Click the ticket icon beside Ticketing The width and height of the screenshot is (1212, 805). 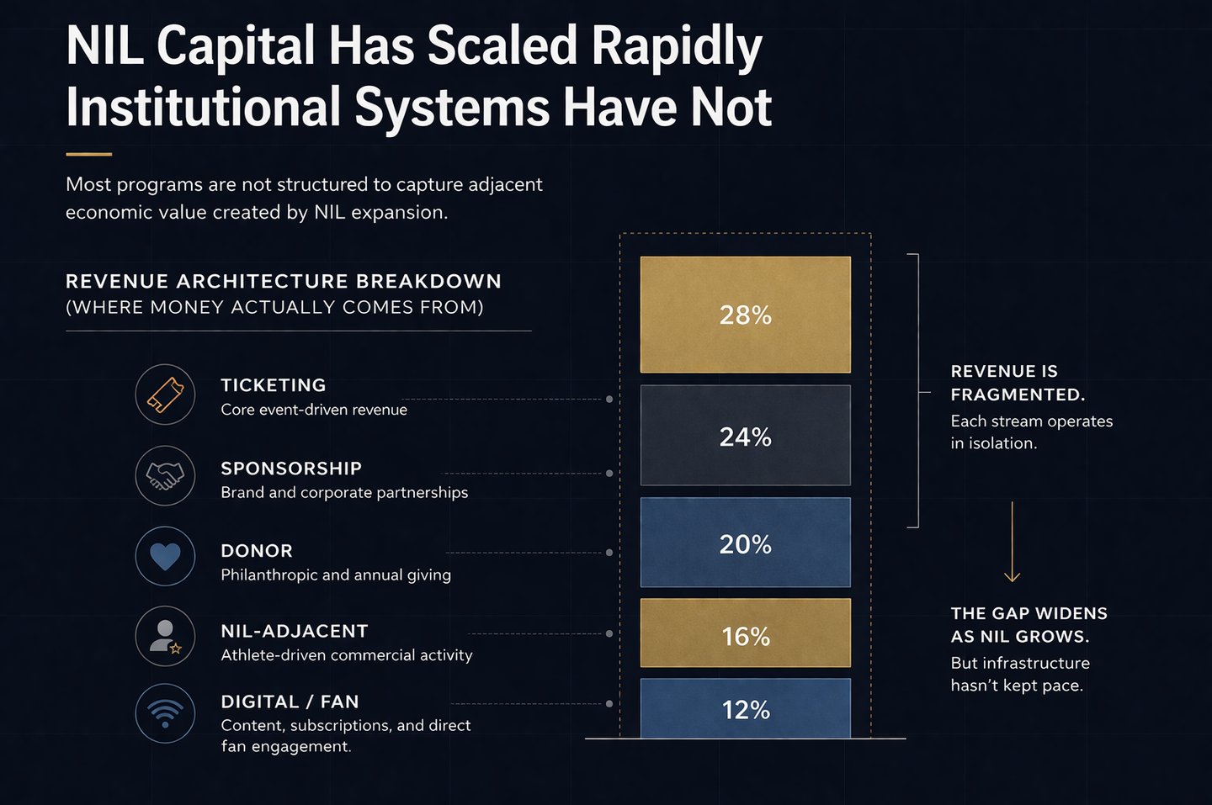(x=165, y=395)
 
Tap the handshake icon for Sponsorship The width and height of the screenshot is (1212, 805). (x=165, y=475)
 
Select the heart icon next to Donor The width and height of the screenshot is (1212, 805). (x=165, y=556)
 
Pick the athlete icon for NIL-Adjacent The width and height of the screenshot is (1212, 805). (x=165, y=636)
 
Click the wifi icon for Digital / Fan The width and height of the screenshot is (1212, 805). (x=165, y=713)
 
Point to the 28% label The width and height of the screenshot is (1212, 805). (x=745, y=315)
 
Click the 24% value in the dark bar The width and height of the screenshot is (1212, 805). (x=745, y=437)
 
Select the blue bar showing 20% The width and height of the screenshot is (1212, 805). (x=745, y=543)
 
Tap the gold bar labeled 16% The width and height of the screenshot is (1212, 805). (x=745, y=633)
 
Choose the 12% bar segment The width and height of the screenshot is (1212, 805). (x=745, y=709)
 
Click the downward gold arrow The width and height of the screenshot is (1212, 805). (x=1012, y=543)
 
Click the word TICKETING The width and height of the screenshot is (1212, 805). (x=273, y=385)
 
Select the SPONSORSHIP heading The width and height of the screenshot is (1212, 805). (x=291, y=469)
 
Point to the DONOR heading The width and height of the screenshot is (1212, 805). (x=257, y=551)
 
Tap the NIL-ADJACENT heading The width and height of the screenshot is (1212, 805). (x=295, y=632)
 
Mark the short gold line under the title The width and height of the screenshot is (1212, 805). (x=88, y=155)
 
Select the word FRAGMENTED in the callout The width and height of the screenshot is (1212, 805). (x=1017, y=395)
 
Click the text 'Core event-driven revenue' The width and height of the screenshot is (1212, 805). (x=314, y=410)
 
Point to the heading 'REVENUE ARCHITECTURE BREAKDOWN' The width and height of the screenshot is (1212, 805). (x=284, y=281)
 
